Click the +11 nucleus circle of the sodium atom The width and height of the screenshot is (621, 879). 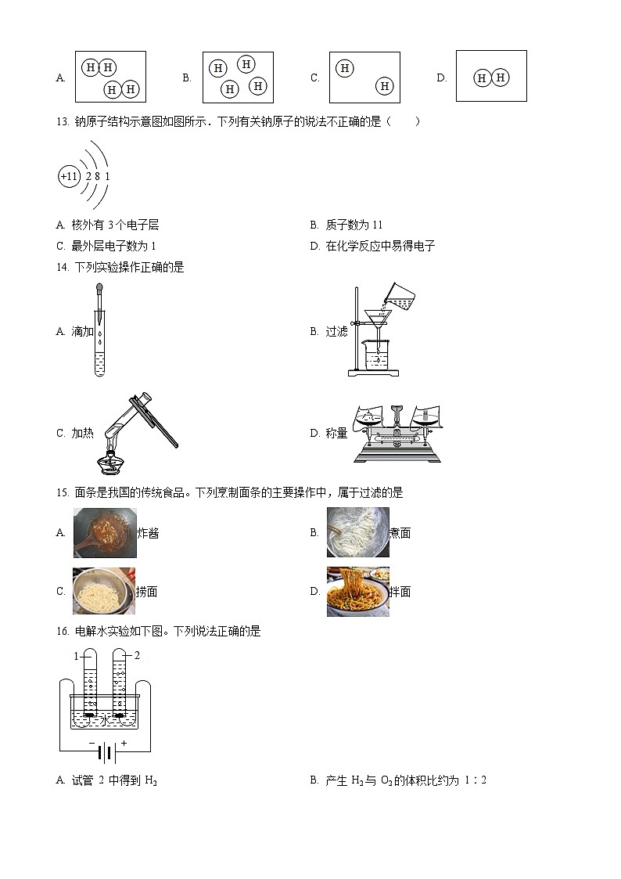pyautogui.click(x=69, y=177)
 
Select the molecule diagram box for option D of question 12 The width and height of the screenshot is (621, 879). pyautogui.click(x=491, y=76)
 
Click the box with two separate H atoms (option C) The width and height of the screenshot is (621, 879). pyautogui.click(x=364, y=77)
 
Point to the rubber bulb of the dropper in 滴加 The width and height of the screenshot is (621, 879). pyautogui.click(x=99, y=289)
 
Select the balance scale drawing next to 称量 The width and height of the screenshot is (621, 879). pyautogui.click(x=397, y=434)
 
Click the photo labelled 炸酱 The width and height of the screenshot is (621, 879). pyautogui.click(x=105, y=532)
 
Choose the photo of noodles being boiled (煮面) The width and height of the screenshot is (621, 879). pyautogui.click(x=357, y=532)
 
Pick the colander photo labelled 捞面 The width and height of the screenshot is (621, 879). pyautogui.click(x=103, y=591)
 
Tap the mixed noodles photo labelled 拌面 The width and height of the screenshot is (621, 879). pyautogui.click(x=357, y=592)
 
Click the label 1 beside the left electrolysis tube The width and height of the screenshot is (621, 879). pyautogui.click(x=76, y=656)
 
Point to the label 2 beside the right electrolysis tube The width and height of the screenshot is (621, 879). pyautogui.click(x=137, y=655)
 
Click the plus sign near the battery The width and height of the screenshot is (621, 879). pyautogui.click(x=124, y=744)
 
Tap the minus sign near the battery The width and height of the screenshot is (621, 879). pyautogui.click(x=92, y=744)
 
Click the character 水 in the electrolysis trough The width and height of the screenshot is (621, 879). pyautogui.click(x=105, y=720)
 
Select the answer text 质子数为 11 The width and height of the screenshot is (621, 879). pyautogui.click(x=354, y=225)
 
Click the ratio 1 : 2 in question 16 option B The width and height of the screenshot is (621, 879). pyautogui.click(x=476, y=780)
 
